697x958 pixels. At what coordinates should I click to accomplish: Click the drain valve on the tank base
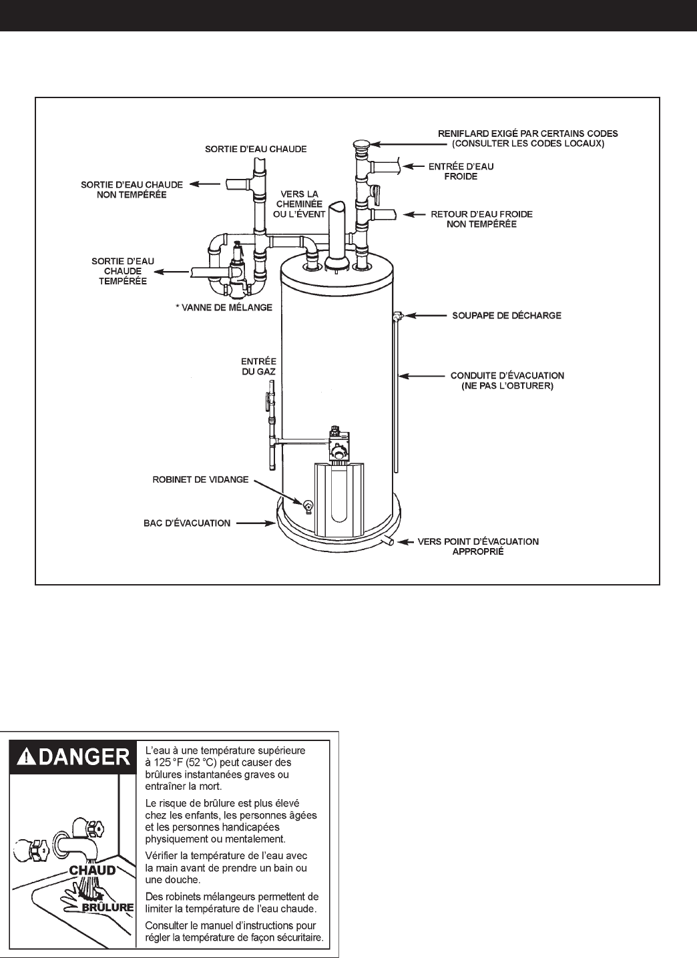point(308,507)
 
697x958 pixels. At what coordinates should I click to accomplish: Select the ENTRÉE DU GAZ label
point(259,367)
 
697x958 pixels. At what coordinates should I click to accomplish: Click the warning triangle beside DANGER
point(25,756)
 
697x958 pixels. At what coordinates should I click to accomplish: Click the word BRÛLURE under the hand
point(108,908)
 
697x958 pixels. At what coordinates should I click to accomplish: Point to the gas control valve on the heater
point(339,444)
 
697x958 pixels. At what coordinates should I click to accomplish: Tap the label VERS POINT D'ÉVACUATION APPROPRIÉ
point(477,547)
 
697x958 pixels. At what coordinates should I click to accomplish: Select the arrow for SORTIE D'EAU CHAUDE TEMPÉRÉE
point(170,272)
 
